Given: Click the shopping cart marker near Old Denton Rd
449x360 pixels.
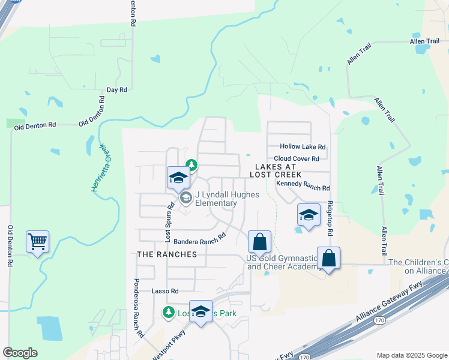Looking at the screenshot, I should (x=37, y=242).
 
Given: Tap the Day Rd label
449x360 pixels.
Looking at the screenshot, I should (x=116, y=89).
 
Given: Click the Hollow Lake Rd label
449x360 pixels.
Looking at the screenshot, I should (x=303, y=146).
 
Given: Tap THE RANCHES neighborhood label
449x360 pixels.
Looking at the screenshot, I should (x=167, y=254).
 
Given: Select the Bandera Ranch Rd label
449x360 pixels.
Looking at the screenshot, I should (x=199, y=238).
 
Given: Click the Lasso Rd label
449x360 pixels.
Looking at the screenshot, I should (x=165, y=291).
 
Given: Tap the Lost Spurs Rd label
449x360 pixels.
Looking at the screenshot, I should (x=170, y=222).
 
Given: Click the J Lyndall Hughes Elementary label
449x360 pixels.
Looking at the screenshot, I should (x=215, y=199).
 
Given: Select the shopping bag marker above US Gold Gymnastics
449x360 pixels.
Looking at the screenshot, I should (x=260, y=242).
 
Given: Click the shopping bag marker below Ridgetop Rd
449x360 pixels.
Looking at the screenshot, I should (x=328, y=259).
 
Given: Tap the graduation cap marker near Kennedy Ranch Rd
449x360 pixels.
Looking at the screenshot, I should (x=309, y=215).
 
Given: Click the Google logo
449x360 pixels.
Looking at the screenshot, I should (x=20, y=353).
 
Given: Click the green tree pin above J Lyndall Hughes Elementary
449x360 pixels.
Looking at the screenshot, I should (x=191, y=164).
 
